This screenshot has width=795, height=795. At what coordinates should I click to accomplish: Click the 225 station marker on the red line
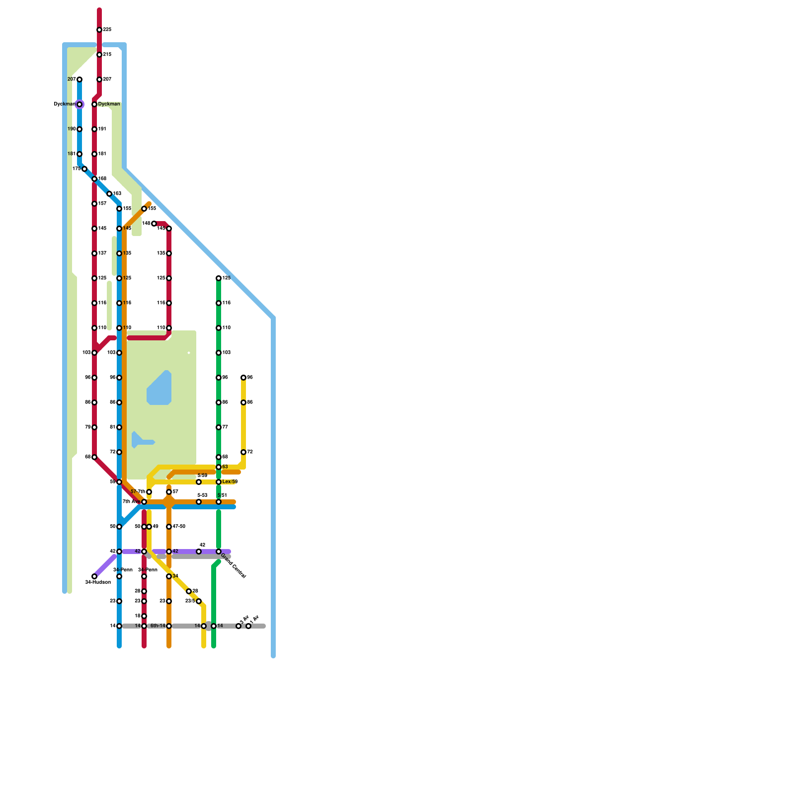[99, 30]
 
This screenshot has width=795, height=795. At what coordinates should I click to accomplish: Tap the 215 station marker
[99, 55]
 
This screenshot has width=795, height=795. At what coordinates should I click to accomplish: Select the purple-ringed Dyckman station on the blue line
[79, 104]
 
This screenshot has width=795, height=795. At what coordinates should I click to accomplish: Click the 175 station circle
[84, 169]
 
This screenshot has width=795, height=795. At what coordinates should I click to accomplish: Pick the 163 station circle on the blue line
[109, 194]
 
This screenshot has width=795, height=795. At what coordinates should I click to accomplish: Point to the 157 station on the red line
[94, 204]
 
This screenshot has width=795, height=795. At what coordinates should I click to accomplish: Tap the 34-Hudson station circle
[94, 576]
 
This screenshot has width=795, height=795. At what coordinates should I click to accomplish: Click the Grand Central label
[233, 565]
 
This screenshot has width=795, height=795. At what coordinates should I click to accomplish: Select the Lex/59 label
[230, 482]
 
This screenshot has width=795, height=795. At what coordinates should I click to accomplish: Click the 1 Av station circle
[248, 626]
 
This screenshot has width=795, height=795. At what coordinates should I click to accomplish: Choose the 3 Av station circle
[238, 626]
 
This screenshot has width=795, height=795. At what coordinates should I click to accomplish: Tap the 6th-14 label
[158, 626]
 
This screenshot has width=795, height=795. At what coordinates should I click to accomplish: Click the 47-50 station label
[179, 527]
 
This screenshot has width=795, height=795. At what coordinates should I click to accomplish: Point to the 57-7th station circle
[149, 492]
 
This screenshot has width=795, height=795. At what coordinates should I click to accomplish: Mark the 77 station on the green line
[219, 427]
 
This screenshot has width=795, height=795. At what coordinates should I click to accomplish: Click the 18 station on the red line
[144, 616]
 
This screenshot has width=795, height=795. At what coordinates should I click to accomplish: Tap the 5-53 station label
[202, 495]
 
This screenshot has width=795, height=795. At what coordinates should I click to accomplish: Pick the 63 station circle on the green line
[219, 467]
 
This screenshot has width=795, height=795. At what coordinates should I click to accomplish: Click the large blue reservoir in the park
[159, 389]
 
